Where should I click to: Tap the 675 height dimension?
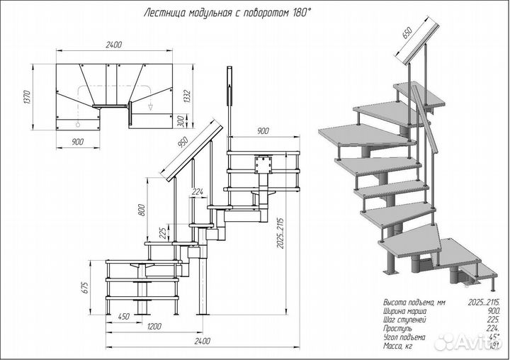84,287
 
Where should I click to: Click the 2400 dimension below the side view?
202,341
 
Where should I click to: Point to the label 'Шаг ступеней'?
403,320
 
